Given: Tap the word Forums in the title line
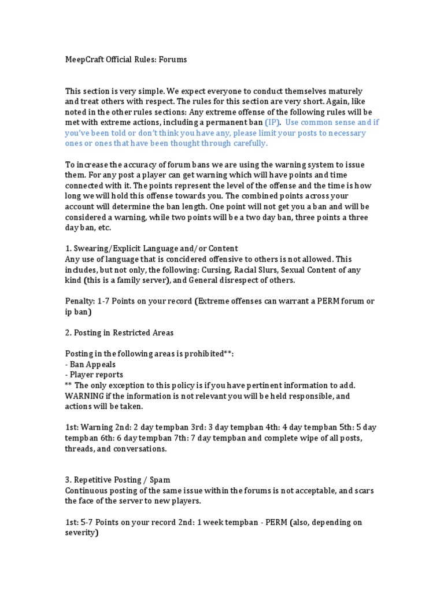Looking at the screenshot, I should point(173,59).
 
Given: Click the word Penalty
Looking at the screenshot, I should point(80,301).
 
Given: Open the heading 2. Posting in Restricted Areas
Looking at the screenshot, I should point(119,332).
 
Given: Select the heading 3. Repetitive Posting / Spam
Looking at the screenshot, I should point(118,480).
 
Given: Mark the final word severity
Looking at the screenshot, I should point(81,532).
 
